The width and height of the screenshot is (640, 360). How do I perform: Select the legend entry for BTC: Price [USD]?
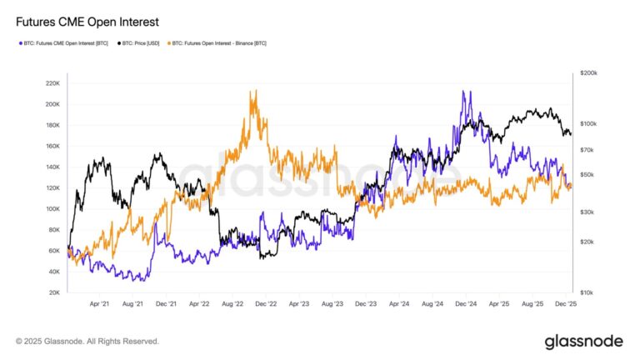pos(142,42)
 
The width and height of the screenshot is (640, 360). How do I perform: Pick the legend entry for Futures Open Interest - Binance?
pos(219,42)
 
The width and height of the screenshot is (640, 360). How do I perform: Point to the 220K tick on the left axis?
pos(52,83)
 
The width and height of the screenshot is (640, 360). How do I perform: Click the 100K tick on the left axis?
pos(52,209)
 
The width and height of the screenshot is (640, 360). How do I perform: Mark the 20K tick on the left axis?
pos(53,292)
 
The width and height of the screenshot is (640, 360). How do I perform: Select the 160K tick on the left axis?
pos(52,146)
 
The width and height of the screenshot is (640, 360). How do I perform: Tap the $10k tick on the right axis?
pos(588,292)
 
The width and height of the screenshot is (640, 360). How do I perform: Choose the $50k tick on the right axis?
pos(588,175)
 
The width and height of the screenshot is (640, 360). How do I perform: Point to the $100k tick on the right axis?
pos(588,123)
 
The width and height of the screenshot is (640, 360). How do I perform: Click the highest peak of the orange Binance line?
pos(252,92)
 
